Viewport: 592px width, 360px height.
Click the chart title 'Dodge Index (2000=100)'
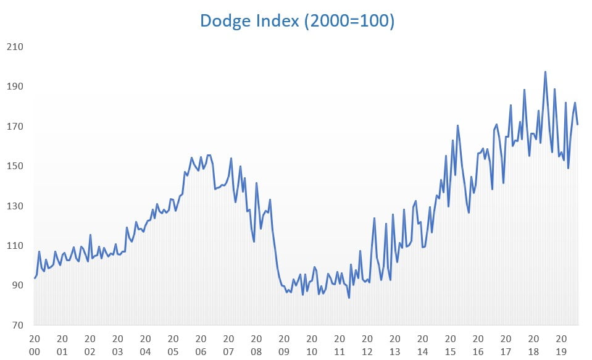point(297,21)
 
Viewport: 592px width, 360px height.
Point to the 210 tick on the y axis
point(15,47)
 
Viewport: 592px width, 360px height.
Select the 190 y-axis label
point(15,86)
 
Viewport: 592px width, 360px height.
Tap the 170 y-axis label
point(15,127)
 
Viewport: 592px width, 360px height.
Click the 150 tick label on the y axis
point(15,166)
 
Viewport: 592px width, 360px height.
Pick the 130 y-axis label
point(15,206)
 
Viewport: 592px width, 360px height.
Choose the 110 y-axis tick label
point(15,246)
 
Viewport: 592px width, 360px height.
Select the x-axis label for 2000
point(35,345)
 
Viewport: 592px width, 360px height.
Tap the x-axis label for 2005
point(173,345)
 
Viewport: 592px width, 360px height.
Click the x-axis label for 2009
point(284,345)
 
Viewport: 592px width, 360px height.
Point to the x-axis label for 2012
point(367,345)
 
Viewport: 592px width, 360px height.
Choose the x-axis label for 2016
point(478,345)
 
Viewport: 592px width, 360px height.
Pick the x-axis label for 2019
point(561,345)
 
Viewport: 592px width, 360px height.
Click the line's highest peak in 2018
point(545,72)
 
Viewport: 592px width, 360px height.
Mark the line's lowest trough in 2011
point(349,298)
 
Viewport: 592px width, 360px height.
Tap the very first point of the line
point(35,278)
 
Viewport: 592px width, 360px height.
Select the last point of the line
point(577,124)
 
